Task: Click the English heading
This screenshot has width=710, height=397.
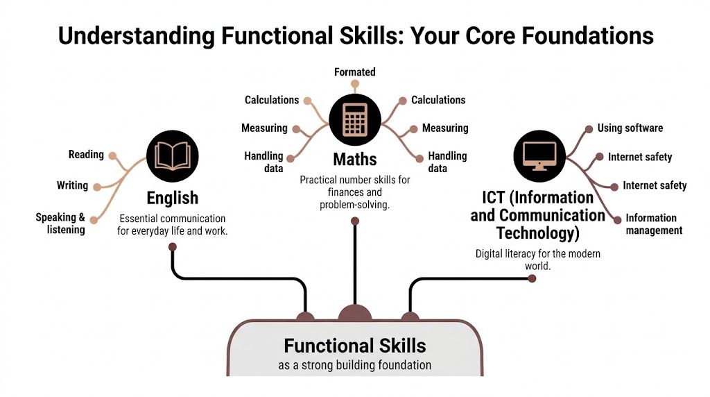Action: pos(172,198)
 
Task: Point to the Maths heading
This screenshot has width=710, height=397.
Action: pos(354,159)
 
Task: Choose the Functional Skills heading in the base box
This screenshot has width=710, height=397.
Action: pos(354,345)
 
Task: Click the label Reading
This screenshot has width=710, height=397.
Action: pos(86,154)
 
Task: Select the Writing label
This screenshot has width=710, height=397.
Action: pos(72,185)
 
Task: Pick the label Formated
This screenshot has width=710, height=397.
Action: pos(354,72)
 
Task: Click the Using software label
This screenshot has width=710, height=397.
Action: pos(630,128)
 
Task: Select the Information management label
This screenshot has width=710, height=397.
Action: pos(654,224)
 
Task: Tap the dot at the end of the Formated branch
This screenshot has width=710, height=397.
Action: pos(355,85)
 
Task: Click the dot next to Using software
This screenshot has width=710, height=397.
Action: pos(589,128)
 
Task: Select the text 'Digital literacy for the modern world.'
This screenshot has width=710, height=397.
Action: pos(537,260)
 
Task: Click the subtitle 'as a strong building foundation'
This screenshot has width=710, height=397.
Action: pos(354,365)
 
